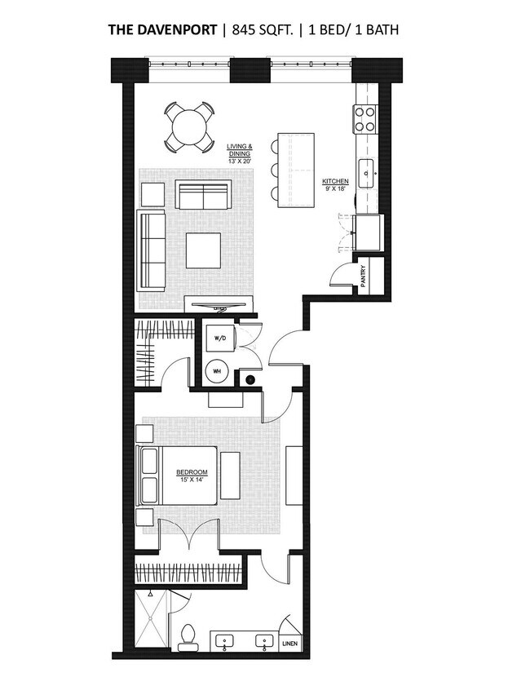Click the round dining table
[189, 127]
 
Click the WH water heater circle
[218, 371]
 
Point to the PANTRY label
[364, 276]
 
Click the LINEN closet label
[290, 644]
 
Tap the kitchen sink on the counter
[367, 173]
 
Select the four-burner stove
[364, 119]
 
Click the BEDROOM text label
[192, 472]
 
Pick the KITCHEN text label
[335, 181]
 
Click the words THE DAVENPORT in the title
[162, 29]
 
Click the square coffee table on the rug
[203, 250]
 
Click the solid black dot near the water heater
[250, 380]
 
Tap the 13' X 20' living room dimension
[240, 161]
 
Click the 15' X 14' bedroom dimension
[192, 479]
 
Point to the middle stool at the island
[274, 170]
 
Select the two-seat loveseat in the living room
[203, 194]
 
